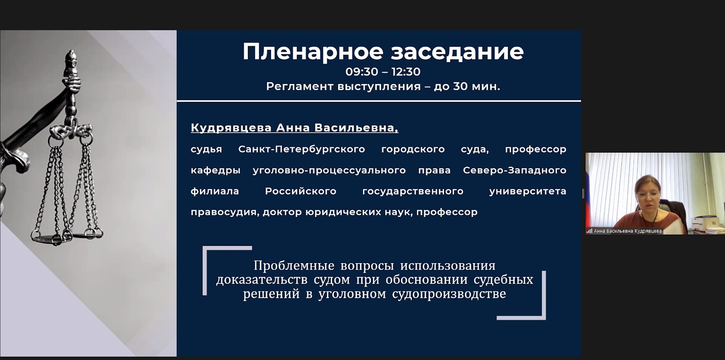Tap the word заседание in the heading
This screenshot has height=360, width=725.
point(457,52)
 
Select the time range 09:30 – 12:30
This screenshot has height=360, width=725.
point(383,72)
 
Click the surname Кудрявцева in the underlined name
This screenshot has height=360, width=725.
point(231,128)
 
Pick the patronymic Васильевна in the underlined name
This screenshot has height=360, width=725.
point(356,128)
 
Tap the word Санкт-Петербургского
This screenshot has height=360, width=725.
point(302,149)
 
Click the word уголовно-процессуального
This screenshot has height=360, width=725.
point(329,170)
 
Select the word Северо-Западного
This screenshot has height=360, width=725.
point(515,170)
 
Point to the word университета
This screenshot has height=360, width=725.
point(527,191)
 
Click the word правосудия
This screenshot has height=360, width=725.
point(225,212)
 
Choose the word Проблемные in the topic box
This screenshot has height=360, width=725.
point(294,265)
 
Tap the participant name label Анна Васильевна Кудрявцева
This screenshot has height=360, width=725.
point(628,231)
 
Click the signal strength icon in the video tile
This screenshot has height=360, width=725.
point(589,231)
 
